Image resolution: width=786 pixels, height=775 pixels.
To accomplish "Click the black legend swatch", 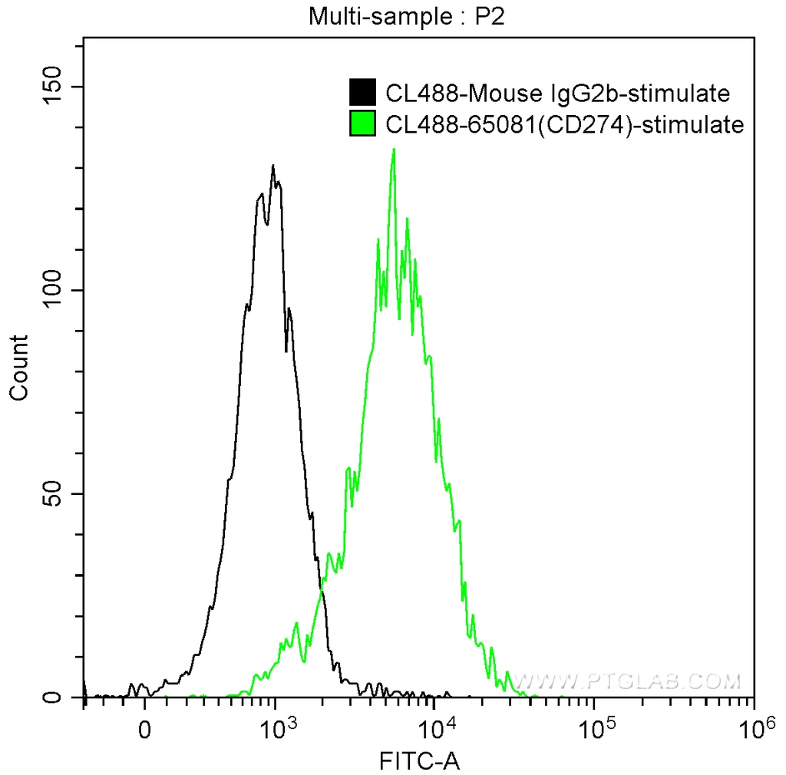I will pos(362,93).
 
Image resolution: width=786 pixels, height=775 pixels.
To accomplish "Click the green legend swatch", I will pos(362,124).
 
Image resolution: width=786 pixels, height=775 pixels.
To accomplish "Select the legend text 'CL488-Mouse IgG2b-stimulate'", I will pos(556,94).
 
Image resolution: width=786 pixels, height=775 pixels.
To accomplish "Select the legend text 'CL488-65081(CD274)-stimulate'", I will pos(565,124).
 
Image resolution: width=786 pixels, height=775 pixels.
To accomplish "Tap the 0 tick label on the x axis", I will pos(144,725).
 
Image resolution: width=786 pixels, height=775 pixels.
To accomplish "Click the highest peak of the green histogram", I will pos(394,150).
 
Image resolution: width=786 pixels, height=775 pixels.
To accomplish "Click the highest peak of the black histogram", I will pos(272,166).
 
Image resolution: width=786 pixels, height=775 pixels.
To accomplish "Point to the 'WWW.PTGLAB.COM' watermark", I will pos(627,681).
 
